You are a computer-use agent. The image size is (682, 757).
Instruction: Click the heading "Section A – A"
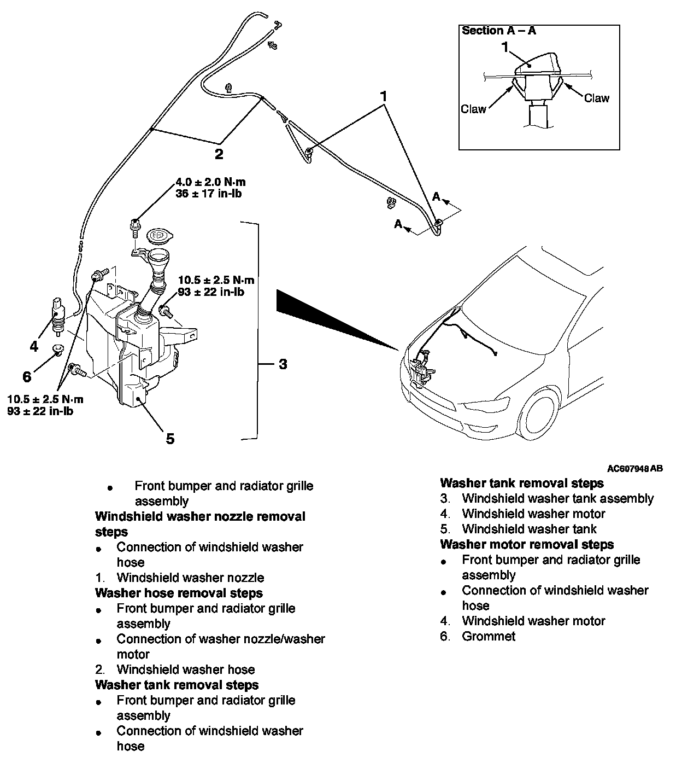coord(498,31)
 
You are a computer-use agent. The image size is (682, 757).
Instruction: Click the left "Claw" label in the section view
coord(473,109)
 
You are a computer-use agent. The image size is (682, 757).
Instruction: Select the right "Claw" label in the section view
coord(596,98)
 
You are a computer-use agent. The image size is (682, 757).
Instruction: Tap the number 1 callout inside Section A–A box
coord(505,47)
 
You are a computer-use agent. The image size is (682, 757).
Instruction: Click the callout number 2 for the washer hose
coord(219,154)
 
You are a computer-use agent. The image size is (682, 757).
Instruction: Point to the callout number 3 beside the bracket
coord(283,364)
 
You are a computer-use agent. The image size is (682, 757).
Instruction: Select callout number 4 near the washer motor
coord(34,346)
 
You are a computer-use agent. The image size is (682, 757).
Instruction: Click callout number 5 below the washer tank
coord(170,438)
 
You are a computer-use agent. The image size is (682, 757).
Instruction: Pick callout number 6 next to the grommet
coord(27,377)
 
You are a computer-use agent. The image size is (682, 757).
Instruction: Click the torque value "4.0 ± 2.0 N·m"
coord(210,183)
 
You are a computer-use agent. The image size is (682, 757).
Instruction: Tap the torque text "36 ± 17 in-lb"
coord(209,194)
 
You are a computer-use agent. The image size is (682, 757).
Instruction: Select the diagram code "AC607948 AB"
coord(635,469)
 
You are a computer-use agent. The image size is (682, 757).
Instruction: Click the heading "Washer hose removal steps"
coord(179,593)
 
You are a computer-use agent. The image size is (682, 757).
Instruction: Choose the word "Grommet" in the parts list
coord(489,636)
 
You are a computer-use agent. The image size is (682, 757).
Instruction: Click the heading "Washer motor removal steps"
coord(527,544)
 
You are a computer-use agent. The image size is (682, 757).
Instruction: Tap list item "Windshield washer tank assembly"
coord(557,498)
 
